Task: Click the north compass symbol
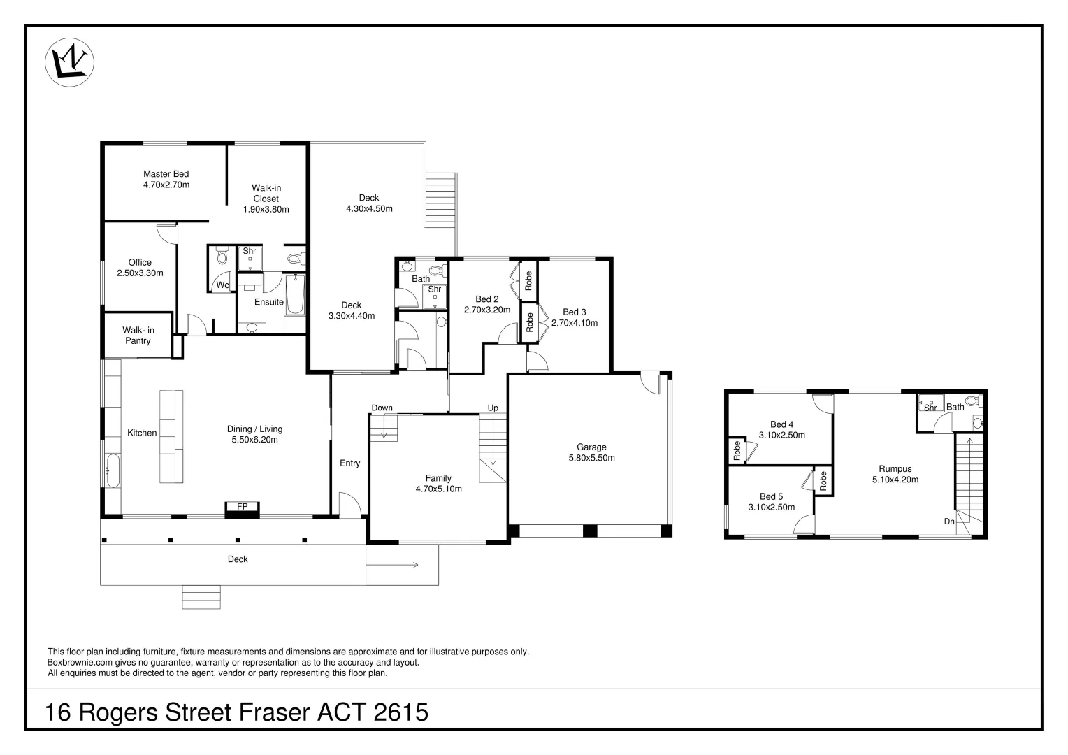[70, 63]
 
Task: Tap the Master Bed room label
[166, 174]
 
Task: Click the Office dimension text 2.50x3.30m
[140, 273]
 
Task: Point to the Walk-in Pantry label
[138, 336]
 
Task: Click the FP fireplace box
[242, 506]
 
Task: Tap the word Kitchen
[142, 433]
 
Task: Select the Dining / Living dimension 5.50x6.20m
[254, 440]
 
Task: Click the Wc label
[222, 285]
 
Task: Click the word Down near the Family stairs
[382, 408]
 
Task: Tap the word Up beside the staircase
[493, 408]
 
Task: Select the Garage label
[591, 447]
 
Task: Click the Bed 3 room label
[574, 312]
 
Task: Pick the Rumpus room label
[895, 469]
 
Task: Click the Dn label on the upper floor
[949, 522]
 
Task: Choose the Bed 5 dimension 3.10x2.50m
[771, 508]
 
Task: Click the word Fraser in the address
[275, 712]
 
